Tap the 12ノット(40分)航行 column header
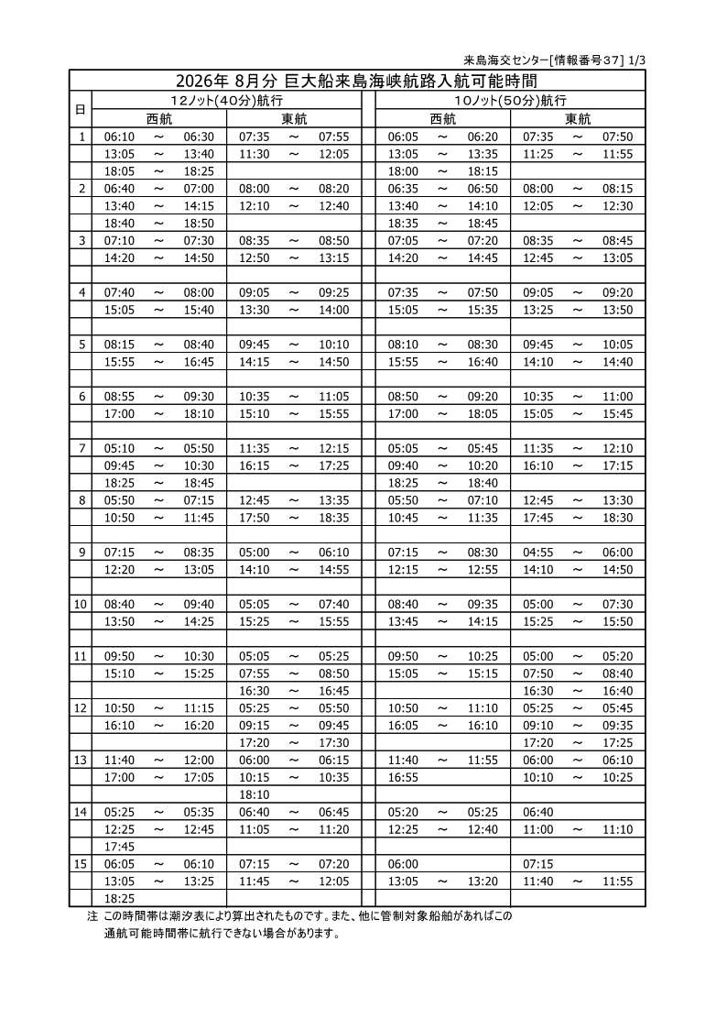pyautogui.click(x=226, y=100)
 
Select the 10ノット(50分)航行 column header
pyautogui.click(x=510, y=100)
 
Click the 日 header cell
pyautogui.click(x=81, y=109)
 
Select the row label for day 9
pyautogui.click(x=81, y=553)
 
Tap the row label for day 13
pyautogui.click(x=81, y=760)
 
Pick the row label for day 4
pyautogui.click(x=81, y=292)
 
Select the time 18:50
pyautogui.click(x=198, y=223)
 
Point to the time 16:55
pyautogui.click(x=403, y=777)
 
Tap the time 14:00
pyautogui.click(x=334, y=310)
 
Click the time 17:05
pyautogui.click(x=198, y=777)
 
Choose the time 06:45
pyautogui.click(x=334, y=812)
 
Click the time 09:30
pyautogui.click(x=198, y=396)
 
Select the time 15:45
pyautogui.click(x=617, y=414)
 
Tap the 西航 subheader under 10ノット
pyautogui.click(x=442, y=118)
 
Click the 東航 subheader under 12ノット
pyautogui.click(x=294, y=118)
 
